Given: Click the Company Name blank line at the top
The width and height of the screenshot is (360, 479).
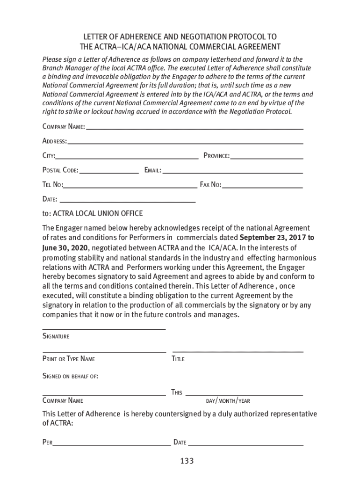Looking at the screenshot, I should (x=194, y=128).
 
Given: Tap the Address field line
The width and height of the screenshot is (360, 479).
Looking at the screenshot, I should (x=186, y=142).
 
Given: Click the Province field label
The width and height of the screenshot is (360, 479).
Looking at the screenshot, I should (x=216, y=156).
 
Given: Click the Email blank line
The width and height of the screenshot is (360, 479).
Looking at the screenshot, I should (x=232, y=173).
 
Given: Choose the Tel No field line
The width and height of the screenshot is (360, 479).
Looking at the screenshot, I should (x=130, y=187).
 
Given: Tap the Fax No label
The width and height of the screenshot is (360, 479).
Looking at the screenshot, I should (x=210, y=185).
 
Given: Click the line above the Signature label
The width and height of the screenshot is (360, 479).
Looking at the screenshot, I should (x=104, y=330).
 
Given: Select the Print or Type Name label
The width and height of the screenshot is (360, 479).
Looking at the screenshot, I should (x=69, y=359).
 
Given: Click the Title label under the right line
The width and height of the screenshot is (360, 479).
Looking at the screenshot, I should (x=178, y=359).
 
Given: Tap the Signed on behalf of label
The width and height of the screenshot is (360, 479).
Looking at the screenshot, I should (x=70, y=376).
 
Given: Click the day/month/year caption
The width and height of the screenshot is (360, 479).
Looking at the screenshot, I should (x=228, y=401).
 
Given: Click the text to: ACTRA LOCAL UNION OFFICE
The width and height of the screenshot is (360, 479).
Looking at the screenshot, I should (x=93, y=214).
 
